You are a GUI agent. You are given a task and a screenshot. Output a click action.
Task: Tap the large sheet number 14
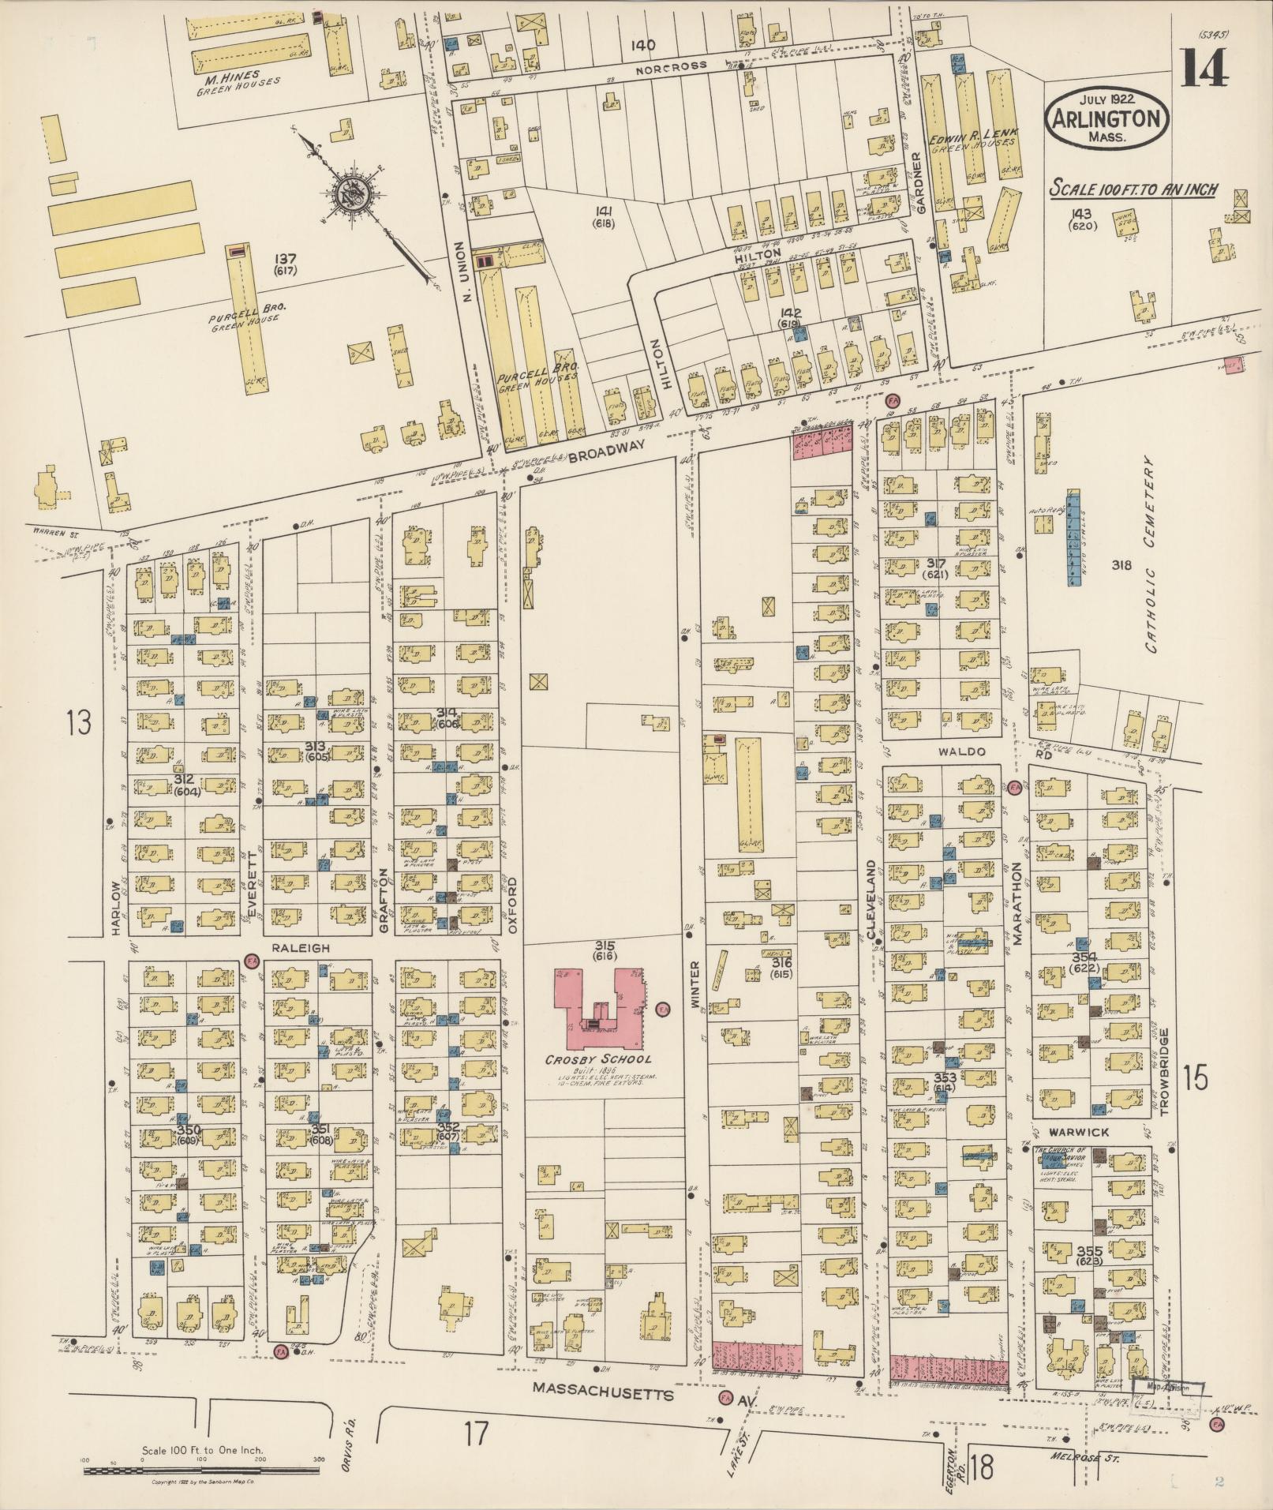tap(1204, 69)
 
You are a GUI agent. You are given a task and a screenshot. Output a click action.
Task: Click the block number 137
tap(284, 258)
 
